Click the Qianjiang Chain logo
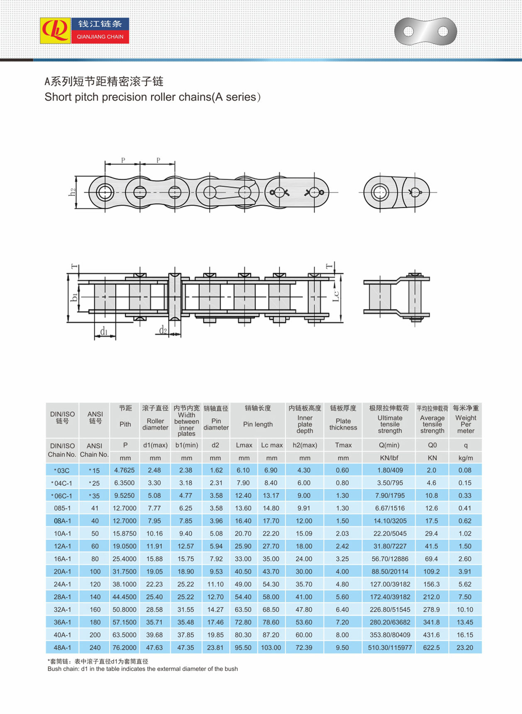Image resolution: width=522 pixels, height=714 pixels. [x=84, y=30]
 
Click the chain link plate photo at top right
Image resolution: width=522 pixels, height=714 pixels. [x=425, y=32]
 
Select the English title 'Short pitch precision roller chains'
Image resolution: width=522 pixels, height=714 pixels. [x=152, y=97]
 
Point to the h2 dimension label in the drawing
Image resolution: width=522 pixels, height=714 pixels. [x=73, y=192]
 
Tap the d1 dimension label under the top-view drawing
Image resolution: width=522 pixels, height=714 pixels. [x=104, y=331]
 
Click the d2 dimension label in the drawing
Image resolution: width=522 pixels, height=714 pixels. [x=163, y=330]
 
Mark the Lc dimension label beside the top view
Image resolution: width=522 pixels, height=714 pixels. [x=336, y=296]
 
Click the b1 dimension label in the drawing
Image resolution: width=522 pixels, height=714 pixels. [x=74, y=297]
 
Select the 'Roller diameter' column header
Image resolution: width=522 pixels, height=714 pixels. [x=155, y=424]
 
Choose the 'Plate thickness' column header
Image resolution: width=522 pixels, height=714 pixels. [x=343, y=424]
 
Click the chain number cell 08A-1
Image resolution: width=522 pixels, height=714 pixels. [x=62, y=521]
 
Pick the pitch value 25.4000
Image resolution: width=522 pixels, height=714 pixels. [x=124, y=559]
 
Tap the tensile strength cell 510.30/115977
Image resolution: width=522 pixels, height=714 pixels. [x=390, y=648]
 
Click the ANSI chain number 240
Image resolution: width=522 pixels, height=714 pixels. [x=95, y=648]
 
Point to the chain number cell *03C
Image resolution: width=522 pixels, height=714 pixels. [x=62, y=470]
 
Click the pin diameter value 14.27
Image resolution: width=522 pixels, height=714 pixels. [x=215, y=610]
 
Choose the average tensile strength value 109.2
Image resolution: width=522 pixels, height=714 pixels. [x=432, y=572]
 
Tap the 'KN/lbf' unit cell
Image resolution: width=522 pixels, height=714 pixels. [x=389, y=458]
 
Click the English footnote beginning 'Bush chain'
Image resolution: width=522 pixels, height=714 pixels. [x=143, y=669]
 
